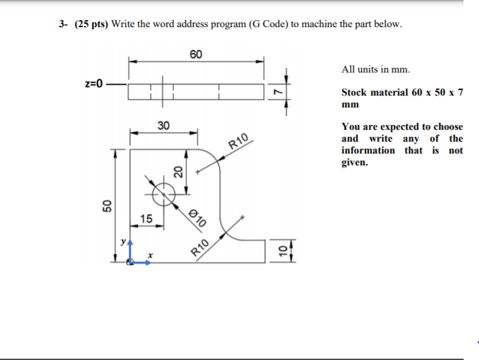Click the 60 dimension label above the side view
tap(196, 54)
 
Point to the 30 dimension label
tap(163, 126)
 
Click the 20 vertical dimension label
tap(178, 172)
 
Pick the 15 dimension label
tap(145, 220)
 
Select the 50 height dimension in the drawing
tap(106, 206)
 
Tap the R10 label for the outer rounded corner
tap(239, 142)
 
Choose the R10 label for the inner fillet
tap(200, 248)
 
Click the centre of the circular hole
tap(164, 193)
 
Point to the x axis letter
tap(149, 256)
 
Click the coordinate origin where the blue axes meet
tap(130, 262)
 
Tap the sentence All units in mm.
tap(376, 70)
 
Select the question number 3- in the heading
tap(63, 24)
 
